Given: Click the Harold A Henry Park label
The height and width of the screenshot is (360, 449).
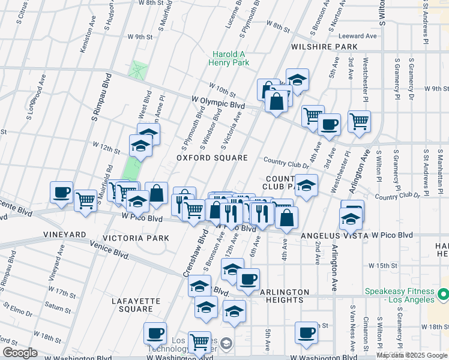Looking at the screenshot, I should pos(229,58).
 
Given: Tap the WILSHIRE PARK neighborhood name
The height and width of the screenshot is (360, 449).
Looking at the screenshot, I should pos(324,46).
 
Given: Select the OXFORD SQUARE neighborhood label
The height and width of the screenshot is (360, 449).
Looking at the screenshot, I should pos(212,158).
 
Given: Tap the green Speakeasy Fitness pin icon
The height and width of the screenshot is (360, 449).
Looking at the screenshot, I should pos(443,295).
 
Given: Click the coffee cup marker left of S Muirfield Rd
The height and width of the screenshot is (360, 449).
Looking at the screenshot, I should pos(61,193).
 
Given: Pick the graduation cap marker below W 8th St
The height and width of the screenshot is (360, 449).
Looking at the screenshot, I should pos(297,79).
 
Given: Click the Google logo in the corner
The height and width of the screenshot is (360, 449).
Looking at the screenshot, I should pos(20,353).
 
